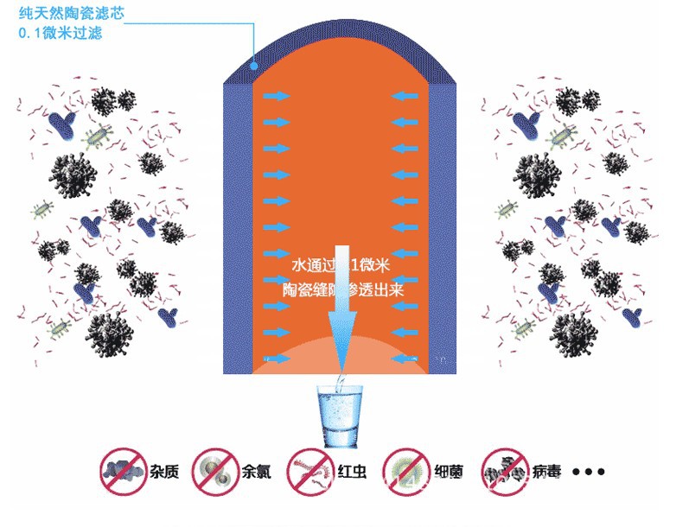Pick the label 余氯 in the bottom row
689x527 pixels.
pyautogui.click(x=258, y=472)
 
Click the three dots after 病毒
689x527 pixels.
pyautogui.click(x=589, y=472)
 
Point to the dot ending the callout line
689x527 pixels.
pyautogui.click(x=253, y=62)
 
